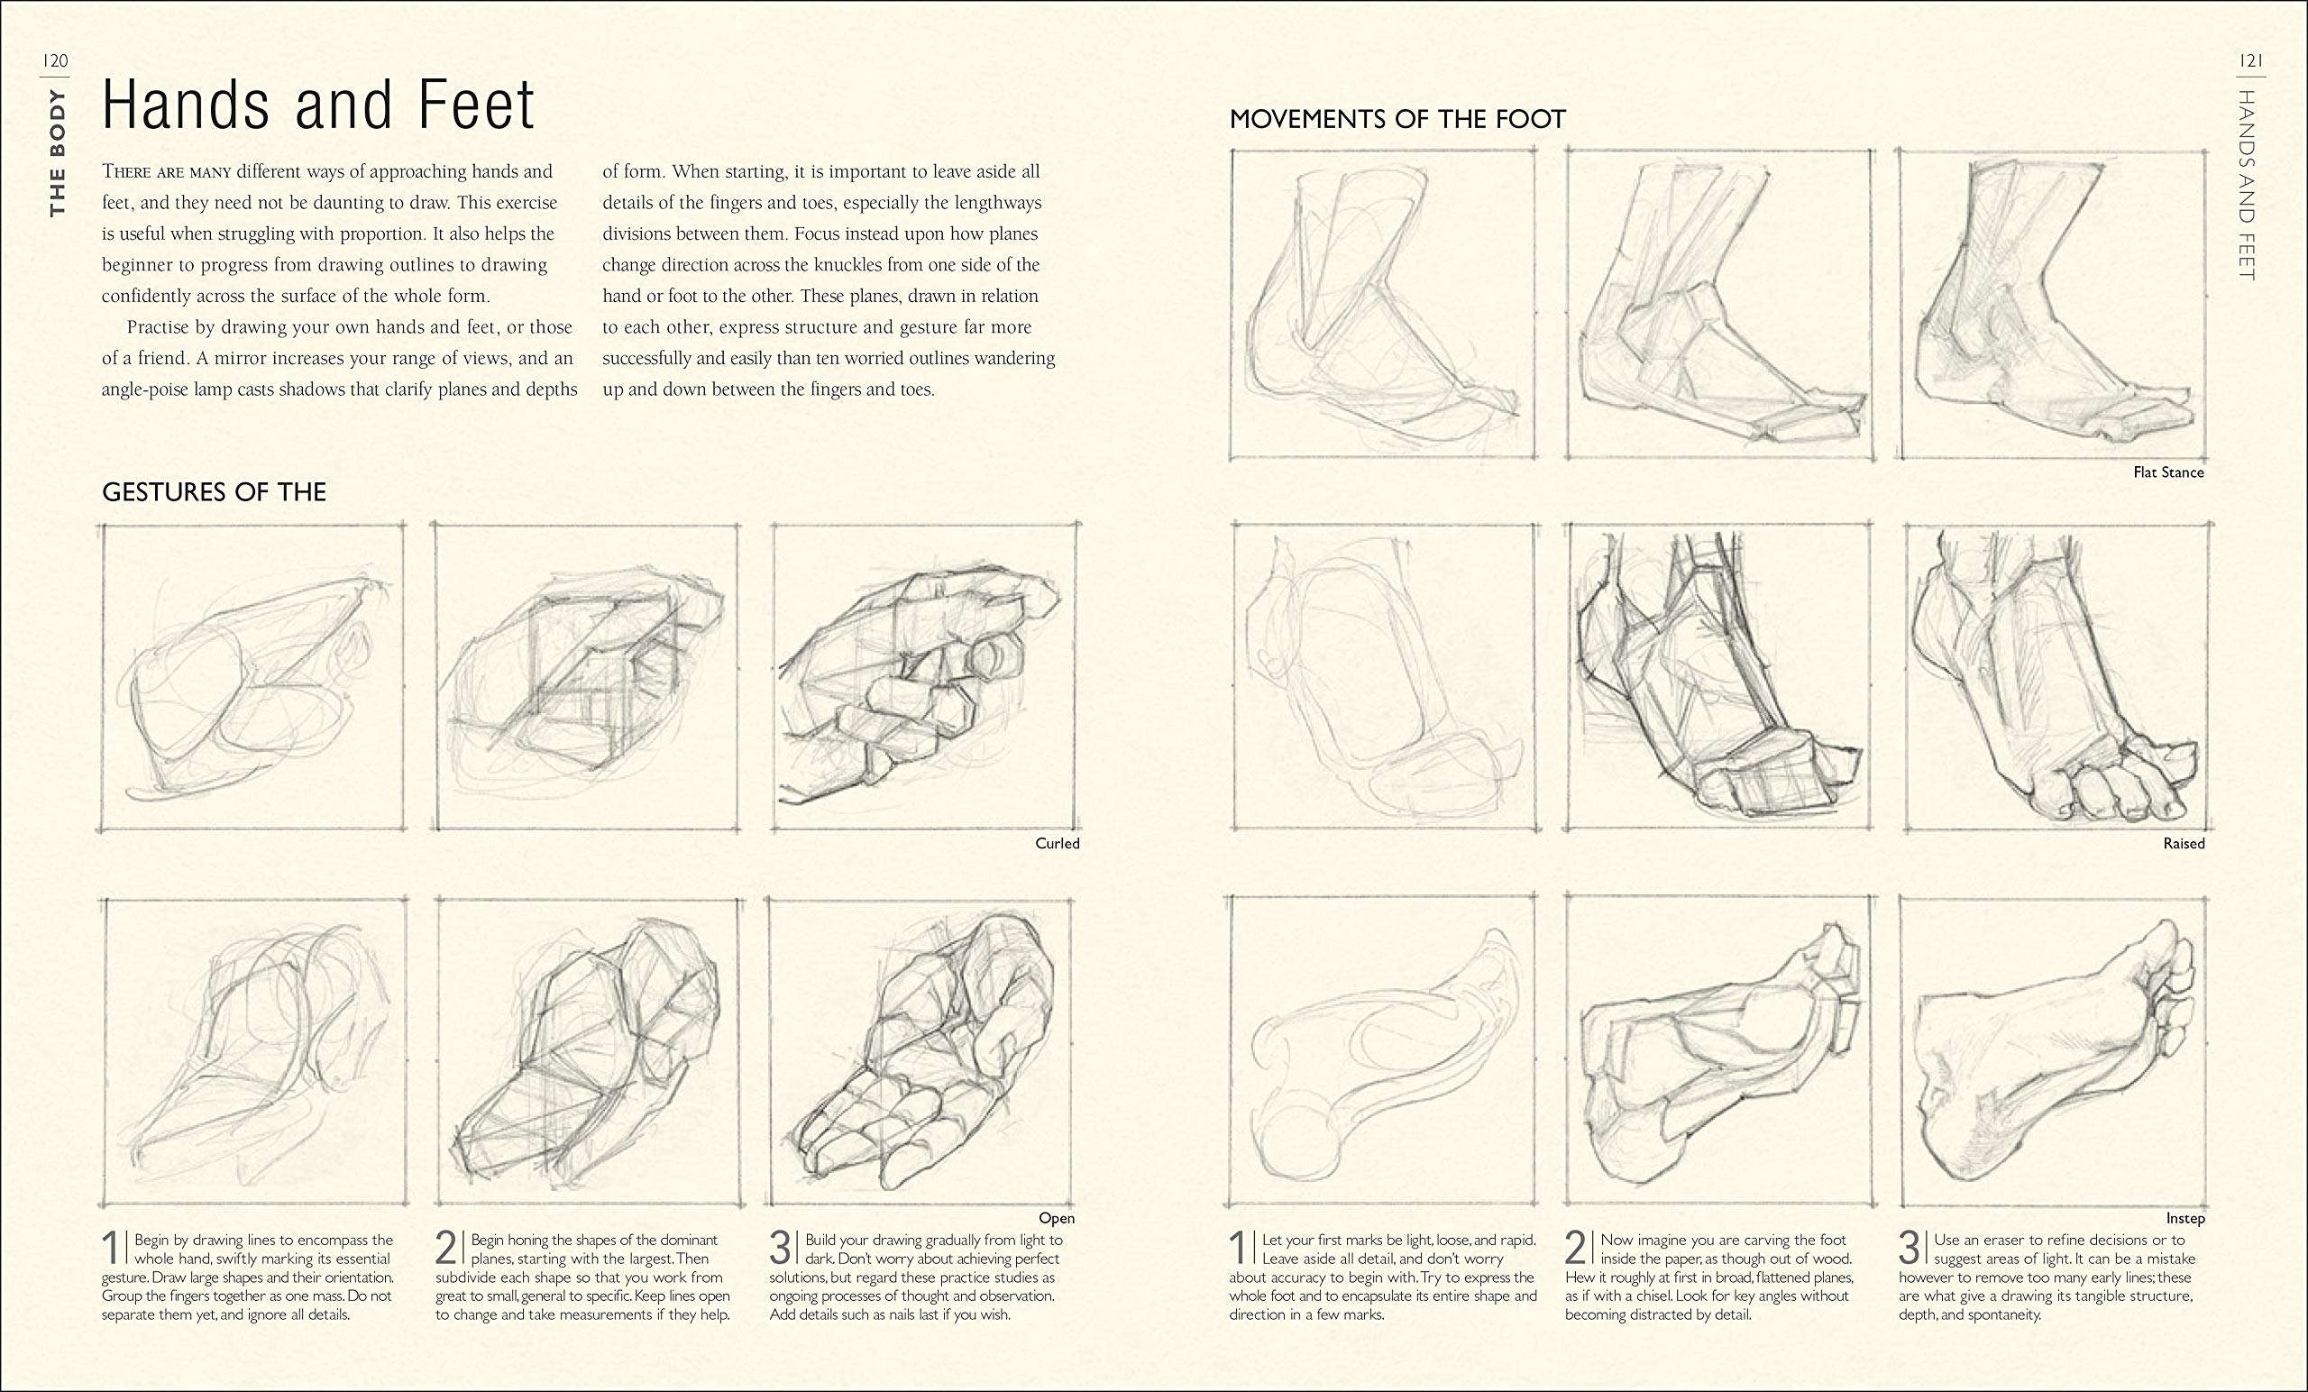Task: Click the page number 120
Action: [x=56, y=62]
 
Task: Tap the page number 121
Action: [x=2251, y=62]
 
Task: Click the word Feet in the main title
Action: [x=476, y=105]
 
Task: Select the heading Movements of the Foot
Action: [x=1397, y=120]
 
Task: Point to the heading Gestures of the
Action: [x=214, y=493]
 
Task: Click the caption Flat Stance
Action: [x=2167, y=473]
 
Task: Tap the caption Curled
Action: [x=1057, y=844]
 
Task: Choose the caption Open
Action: [x=1057, y=1219]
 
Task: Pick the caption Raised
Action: [x=2184, y=844]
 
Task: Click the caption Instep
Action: [x=2184, y=1219]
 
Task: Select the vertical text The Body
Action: [x=58, y=152]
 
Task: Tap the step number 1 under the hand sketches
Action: [x=112, y=1250]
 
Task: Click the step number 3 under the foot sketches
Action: [x=1909, y=1250]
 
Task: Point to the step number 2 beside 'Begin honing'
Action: [x=447, y=1250]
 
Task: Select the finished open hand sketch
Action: [x=922, y=1051]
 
